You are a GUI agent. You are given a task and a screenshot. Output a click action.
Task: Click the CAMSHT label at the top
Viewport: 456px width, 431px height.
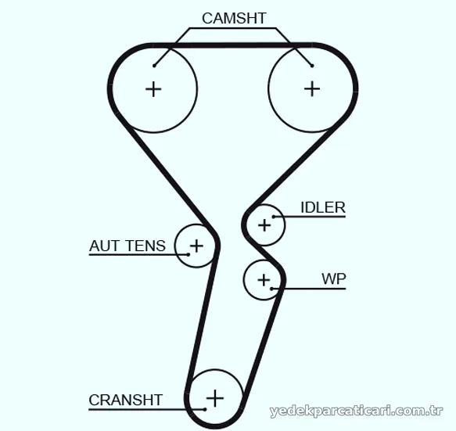point(234,18)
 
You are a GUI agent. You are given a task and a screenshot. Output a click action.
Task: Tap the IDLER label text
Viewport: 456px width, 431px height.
point(323,207)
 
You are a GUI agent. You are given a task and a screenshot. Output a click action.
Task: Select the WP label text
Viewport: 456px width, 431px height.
point(334,279)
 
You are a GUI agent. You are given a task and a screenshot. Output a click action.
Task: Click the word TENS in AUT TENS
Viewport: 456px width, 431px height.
point(146,246)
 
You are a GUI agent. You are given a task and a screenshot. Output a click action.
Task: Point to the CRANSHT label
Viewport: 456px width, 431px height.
point(125,400)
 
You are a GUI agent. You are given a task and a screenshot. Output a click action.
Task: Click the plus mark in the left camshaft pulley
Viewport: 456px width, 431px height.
point(153,89)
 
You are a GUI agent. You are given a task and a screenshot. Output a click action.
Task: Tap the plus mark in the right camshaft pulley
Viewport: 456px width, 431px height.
point(312,88)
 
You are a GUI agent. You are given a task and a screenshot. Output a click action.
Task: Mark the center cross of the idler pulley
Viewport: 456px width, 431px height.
point(264,225)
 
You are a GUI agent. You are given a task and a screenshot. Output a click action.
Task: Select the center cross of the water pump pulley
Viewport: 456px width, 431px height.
point(264,280)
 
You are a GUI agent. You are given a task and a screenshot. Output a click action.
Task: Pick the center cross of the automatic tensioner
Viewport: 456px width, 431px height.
point(196,246)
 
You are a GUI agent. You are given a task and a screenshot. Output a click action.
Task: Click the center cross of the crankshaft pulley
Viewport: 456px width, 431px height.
point(215,398)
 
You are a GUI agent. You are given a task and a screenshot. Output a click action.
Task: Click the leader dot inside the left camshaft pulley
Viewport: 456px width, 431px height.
point(154,66)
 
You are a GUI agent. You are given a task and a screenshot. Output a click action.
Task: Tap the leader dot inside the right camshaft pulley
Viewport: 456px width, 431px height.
point(312,66)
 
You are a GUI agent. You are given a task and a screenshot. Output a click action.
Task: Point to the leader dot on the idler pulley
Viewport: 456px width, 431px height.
point(274,217)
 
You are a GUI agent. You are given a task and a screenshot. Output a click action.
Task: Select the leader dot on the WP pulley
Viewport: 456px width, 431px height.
point(271,289)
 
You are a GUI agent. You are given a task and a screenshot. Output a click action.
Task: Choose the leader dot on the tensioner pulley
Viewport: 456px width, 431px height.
point(189,255)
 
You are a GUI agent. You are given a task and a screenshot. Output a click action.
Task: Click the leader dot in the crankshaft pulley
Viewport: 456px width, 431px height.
point(205,409)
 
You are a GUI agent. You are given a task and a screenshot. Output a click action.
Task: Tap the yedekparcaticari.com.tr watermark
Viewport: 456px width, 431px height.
point(356,411)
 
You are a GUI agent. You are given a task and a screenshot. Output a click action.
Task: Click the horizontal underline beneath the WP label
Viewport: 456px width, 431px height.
point(308,289)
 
